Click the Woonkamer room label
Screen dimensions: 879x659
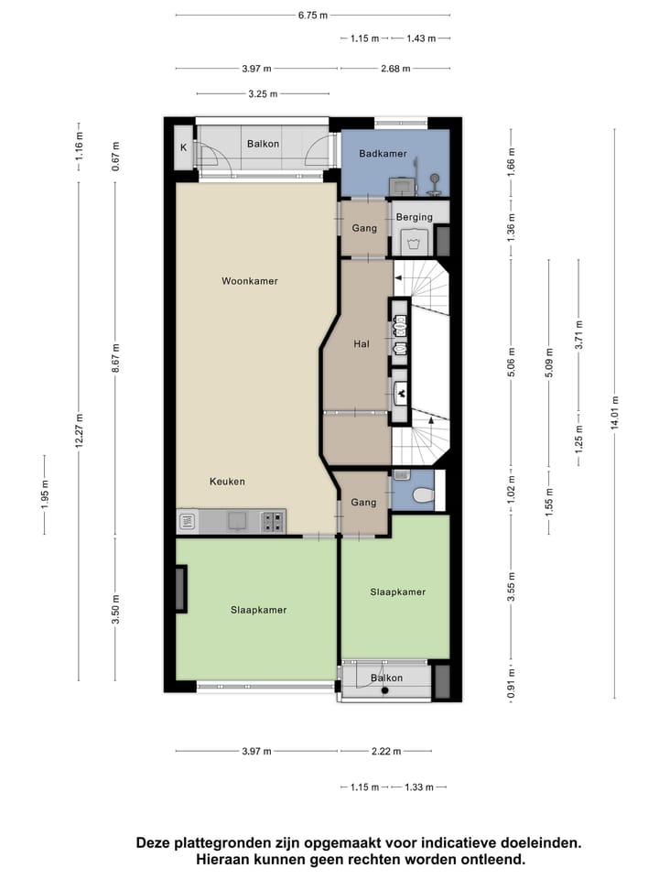click(249, 281)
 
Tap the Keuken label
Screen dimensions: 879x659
click(227, 482)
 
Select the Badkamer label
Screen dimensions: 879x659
click(383, 154)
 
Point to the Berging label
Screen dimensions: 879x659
click(415, 217)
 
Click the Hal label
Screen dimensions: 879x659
click(362, 344)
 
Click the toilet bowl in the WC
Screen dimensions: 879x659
click(422, 495)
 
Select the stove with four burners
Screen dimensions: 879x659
click(273, 522)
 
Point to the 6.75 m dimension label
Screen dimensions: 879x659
click(312, 16)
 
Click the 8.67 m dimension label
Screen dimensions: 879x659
click(115, 358)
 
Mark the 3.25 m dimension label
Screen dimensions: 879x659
click(263, 93)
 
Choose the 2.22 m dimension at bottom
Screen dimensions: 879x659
click(386, 752)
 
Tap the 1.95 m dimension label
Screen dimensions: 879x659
click(44, 494)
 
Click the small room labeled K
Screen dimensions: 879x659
click(183, 147)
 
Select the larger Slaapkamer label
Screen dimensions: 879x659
click(259, 610)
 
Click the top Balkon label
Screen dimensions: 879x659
click(263, 144)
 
